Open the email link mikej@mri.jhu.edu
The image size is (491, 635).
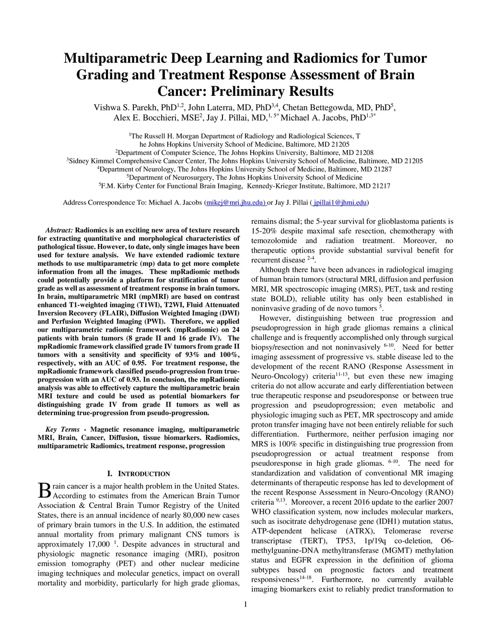click(236, 203)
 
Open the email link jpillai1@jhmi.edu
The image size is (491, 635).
click(340, 203)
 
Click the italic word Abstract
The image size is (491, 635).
click(59, 230)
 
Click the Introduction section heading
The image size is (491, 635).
click(139, 474)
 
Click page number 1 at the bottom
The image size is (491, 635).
click(245, 604)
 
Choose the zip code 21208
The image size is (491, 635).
click(365, 152)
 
